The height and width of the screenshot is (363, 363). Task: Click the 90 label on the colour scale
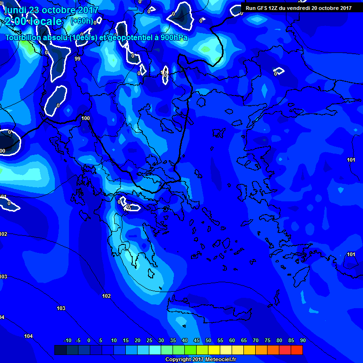302,340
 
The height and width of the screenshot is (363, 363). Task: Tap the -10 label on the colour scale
68,340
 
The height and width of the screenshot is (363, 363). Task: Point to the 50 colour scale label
208,340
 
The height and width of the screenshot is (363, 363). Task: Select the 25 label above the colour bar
149,340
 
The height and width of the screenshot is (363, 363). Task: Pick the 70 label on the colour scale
256,340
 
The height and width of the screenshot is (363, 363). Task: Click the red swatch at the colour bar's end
296,350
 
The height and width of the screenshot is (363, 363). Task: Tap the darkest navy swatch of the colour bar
60,350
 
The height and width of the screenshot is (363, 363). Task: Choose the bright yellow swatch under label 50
214,350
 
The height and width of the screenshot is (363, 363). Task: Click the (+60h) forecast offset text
82,21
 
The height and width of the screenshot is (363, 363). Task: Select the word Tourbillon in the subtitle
24,38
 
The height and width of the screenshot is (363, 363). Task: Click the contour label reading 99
78,59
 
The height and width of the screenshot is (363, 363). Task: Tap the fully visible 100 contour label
86,118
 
